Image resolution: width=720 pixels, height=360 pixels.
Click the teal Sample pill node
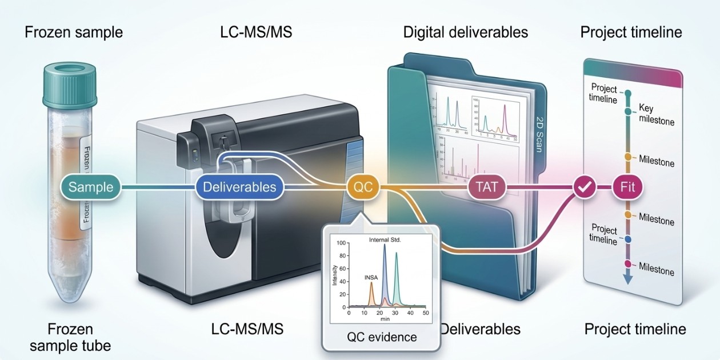91,187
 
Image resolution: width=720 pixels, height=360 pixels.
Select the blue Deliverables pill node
239,187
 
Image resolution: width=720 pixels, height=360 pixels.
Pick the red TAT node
486,187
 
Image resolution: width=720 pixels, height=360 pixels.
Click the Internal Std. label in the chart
385,239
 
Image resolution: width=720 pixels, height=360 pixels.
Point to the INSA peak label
371,277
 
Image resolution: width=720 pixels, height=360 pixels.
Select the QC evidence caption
382,337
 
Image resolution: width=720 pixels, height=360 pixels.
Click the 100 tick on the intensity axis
342,242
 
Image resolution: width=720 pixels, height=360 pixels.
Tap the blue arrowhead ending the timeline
627,279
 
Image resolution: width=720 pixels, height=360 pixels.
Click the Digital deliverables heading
465,32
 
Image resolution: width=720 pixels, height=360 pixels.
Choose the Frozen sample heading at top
74,32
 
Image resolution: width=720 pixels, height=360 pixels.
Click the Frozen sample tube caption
71,337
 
